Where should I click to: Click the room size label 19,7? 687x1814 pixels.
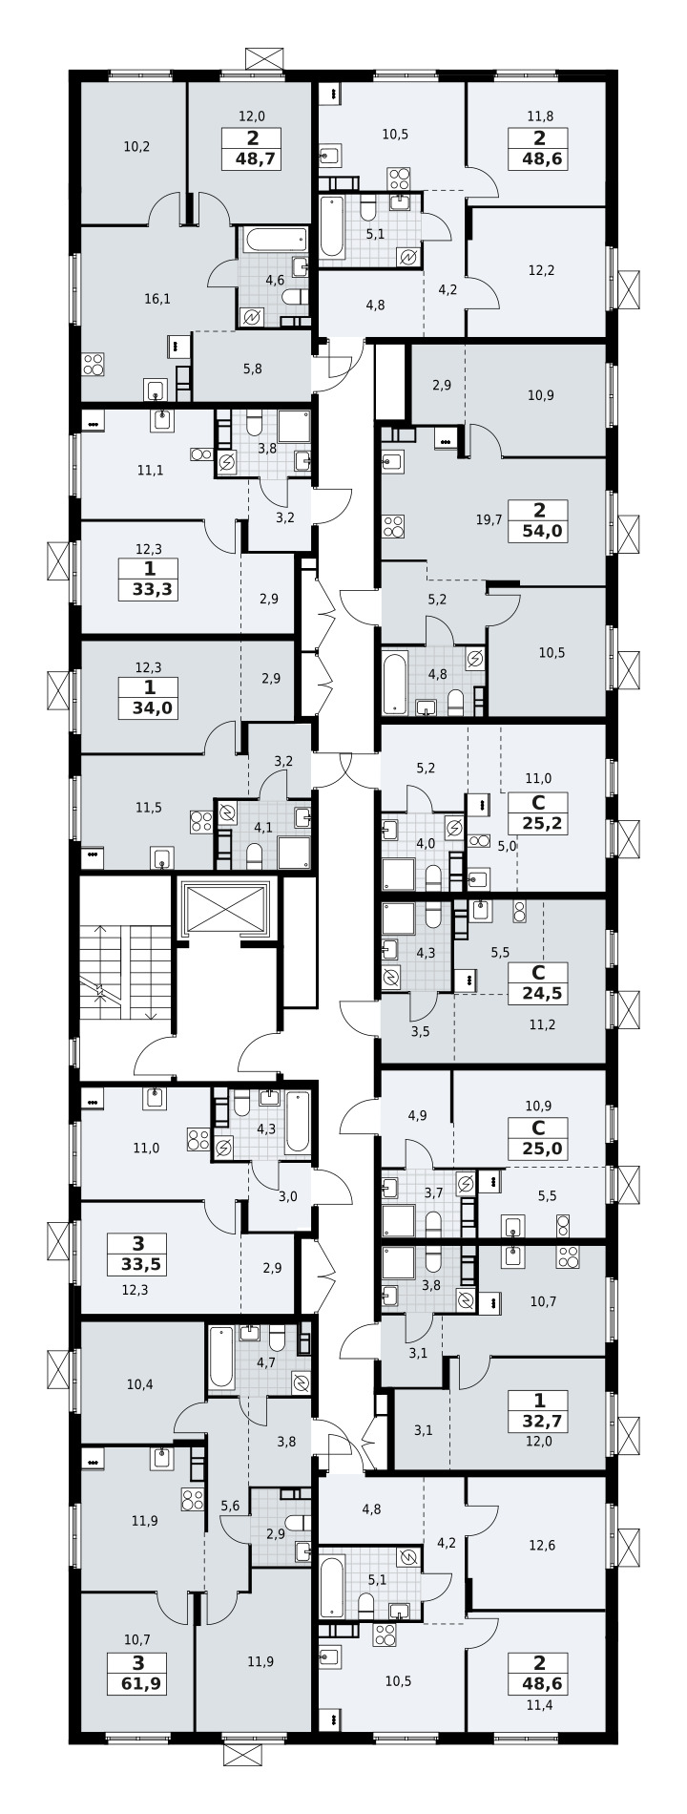pos(489,519)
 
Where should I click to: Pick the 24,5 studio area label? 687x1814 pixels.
pos(539,994)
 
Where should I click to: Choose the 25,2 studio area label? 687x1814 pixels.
pos(539,823)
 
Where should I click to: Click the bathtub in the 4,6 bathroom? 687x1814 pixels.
pos(275,240)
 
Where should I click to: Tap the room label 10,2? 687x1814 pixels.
pos(136,147)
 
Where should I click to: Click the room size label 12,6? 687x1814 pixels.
pos(541,1546)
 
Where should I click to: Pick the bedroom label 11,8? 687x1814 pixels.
pos(540,117)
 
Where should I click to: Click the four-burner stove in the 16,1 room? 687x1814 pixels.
pos(93,364)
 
